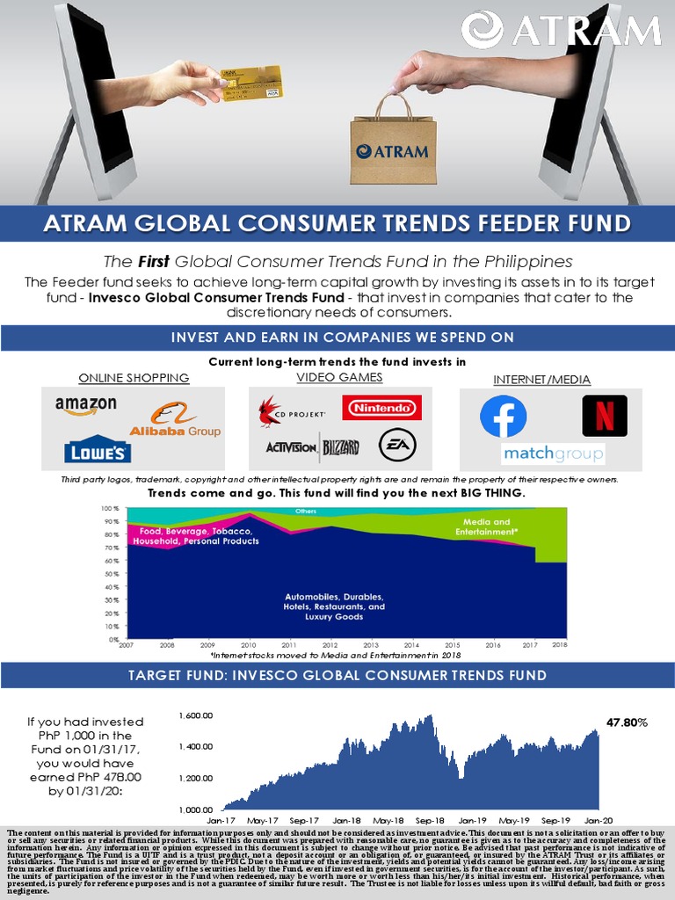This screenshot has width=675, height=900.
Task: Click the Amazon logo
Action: (x=85, y=406)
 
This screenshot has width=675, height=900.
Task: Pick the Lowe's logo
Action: (x=98, y=448)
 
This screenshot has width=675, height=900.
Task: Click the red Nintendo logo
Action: (x=381, y=408)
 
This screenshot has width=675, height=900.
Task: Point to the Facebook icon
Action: (x=503, y=416)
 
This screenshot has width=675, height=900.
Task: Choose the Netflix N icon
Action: (x=605, y=416)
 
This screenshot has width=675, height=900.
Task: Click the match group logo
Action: (x=553, y=454)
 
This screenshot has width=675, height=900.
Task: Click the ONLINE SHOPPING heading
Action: (x=134, y=378)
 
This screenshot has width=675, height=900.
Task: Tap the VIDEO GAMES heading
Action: (x=339, y=377)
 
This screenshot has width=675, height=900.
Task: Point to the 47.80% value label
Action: (x=627, y=722)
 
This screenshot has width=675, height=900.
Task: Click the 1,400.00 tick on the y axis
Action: (x=196, y=746)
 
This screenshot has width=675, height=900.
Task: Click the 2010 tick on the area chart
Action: (x=250, y=644)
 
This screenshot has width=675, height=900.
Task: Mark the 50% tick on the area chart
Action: (x=112, y=574)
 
